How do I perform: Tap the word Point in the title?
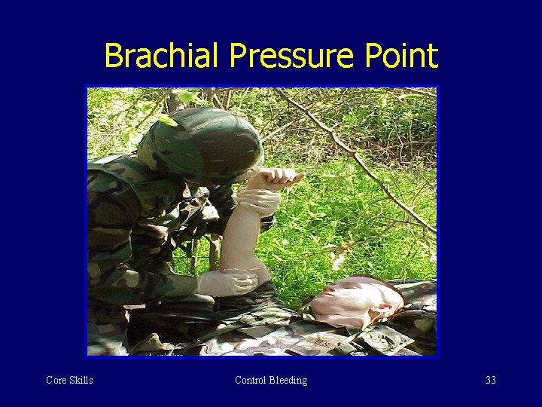(x=402, y=56)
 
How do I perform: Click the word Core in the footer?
(x=56, y=380)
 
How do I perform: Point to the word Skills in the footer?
(x=81, y=380)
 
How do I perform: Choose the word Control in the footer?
(x=251, y=380)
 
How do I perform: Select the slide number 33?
(x=491, y=380)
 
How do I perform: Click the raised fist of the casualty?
(x=279, y=178)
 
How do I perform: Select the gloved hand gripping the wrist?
(x=258, y=200)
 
